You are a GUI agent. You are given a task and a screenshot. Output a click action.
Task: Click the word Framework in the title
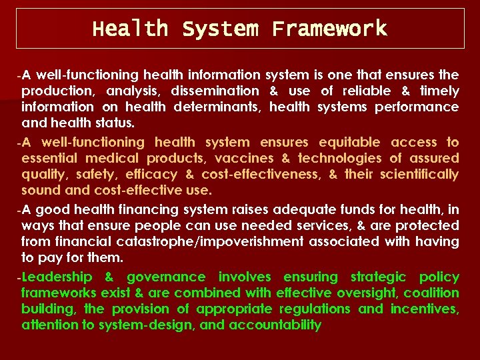click(x=329, y=29)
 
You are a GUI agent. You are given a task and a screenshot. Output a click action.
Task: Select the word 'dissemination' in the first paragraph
click(x=215, y=91)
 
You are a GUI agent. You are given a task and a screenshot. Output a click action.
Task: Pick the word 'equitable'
click(x=350, y=142)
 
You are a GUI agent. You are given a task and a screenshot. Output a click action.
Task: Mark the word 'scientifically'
click(x=419, y=174)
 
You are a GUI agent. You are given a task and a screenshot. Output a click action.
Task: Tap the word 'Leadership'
click(x=57, y=277)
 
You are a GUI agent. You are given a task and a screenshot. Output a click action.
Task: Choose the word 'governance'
click(x=167, y=277)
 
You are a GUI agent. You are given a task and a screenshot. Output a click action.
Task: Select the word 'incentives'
click(x=424, y=309)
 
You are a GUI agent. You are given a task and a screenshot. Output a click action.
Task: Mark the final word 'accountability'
click(x=275, y=325)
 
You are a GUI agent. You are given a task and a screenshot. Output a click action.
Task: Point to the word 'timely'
click(x=438, y=91)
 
